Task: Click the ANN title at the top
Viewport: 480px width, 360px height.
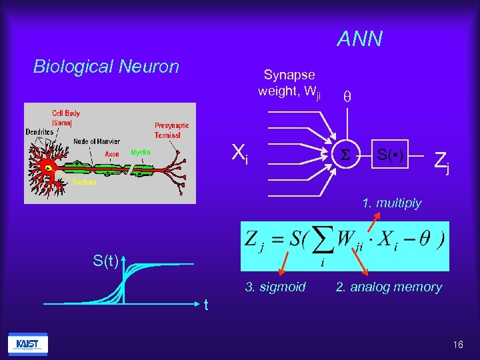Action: tap(359, 39)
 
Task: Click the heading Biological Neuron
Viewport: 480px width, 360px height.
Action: tap(106, 67)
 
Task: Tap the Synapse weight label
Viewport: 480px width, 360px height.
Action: tap(289, 83)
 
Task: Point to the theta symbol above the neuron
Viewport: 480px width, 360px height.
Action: tap(347, 96)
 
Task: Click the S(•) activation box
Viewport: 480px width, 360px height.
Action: tap(389, 157)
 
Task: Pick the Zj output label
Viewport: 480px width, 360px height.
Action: tap(441, 161)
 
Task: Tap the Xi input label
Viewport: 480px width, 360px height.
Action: tap(239, 154)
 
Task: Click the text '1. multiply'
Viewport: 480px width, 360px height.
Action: tap(391, 203)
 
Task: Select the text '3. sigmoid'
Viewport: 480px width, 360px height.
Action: tap(275, 287)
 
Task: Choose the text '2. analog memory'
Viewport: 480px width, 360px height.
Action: tap(389, 287)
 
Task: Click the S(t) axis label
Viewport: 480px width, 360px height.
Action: tap(107, 259)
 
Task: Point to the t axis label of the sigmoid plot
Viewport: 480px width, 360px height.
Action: tap(207, 305)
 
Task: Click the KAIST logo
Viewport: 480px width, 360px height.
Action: tap(27, 343)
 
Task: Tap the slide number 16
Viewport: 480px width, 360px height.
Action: tap(458, 345)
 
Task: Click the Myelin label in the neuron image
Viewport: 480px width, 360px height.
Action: tap(140, 152)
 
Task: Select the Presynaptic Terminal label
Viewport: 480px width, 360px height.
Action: tap(172, 130)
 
